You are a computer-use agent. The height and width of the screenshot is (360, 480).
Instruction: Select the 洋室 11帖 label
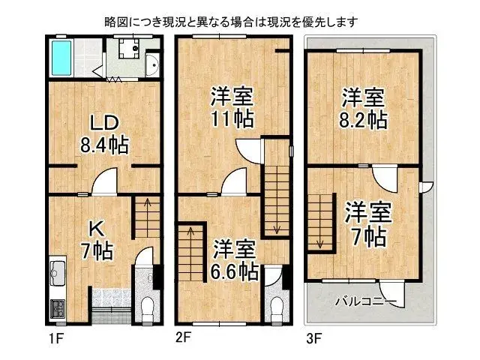tap(232, 107)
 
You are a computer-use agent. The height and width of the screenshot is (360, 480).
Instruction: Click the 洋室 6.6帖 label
tap(235, 259)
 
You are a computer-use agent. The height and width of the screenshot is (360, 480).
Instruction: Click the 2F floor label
tap(183, 337)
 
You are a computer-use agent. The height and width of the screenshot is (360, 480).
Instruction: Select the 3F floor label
tap(313, 338)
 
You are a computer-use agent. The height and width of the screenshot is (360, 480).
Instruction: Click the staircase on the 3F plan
tap(321, 221)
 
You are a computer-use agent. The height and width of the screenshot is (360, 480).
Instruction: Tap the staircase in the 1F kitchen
tap(147, 217)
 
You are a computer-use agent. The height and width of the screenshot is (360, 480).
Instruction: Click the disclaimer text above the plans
tap(232, 22)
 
